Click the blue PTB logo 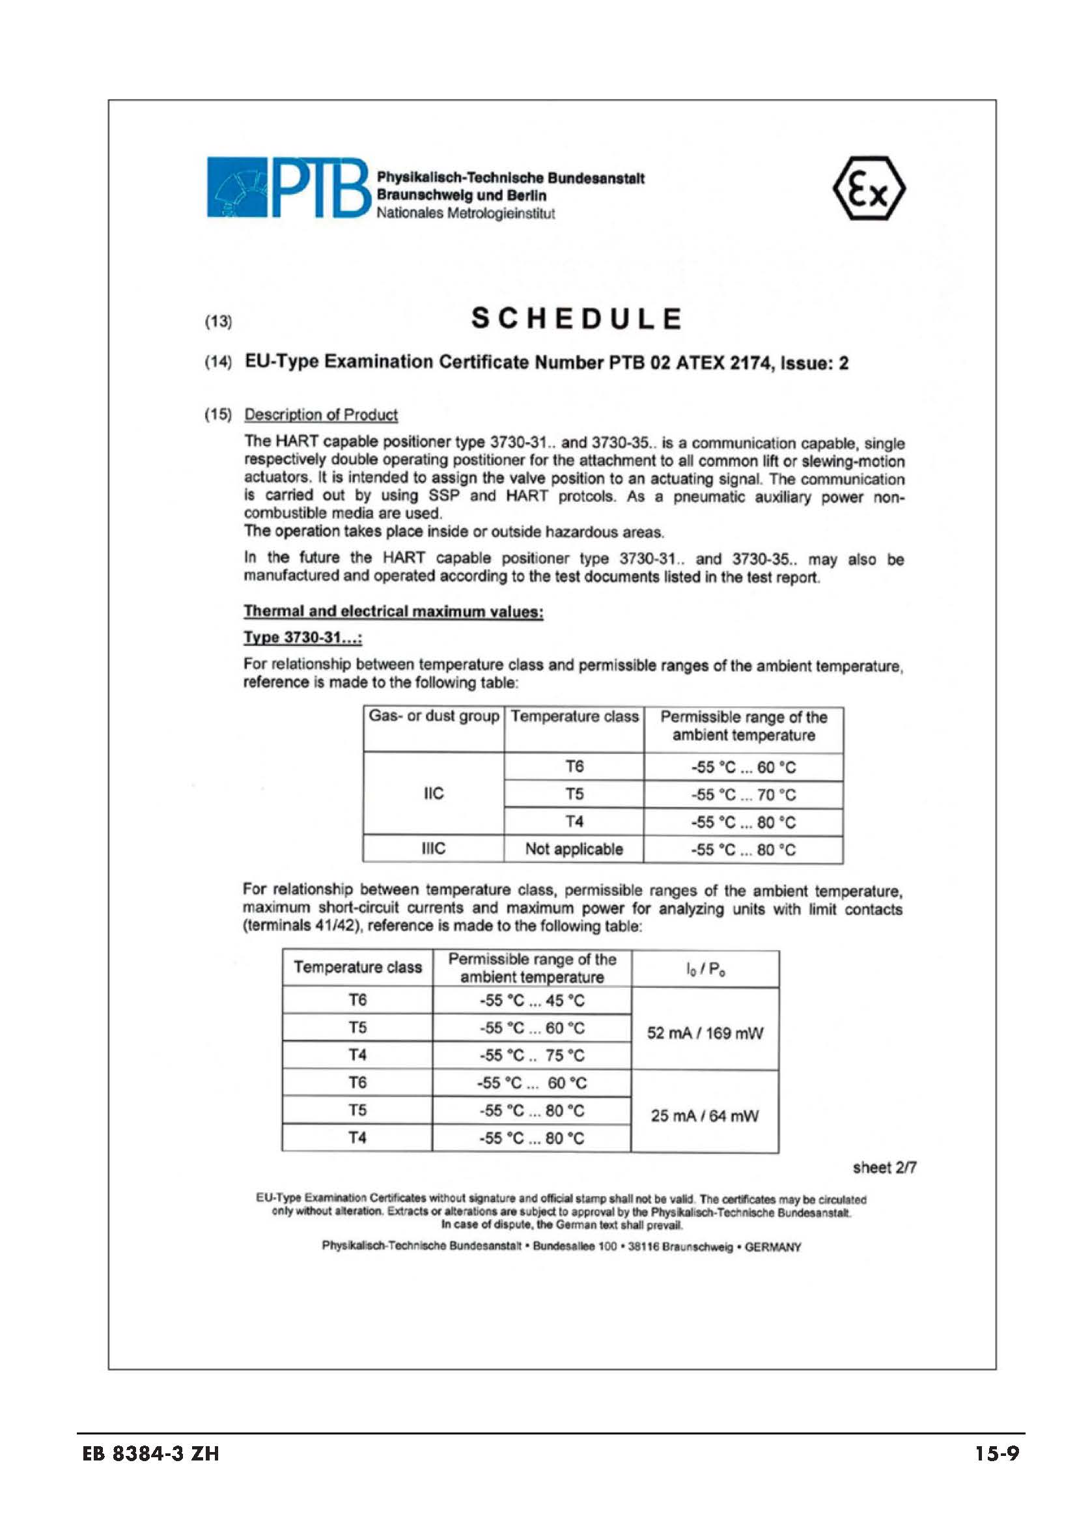click(x=287, y=187)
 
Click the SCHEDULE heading click(x=576, y=319)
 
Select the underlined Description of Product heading click(x=321, y=415)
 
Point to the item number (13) click(x=218, y=322)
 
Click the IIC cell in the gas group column click(x=433, y=793)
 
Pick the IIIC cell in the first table click(x=433, y=848)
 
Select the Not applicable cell click(x=574, y=849)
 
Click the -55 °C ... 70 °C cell click(x=743, y=794)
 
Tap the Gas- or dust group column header click(x=434, y=716)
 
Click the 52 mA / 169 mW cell click(x=705, y=1033)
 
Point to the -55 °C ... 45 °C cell click(x=532, y=1000)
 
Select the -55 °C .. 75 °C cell click(x=532, y=1055)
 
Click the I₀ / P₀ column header click(x=706, y=969)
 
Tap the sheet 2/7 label click(x=885, y=1167)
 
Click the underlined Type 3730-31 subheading click(x=302, y=637)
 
